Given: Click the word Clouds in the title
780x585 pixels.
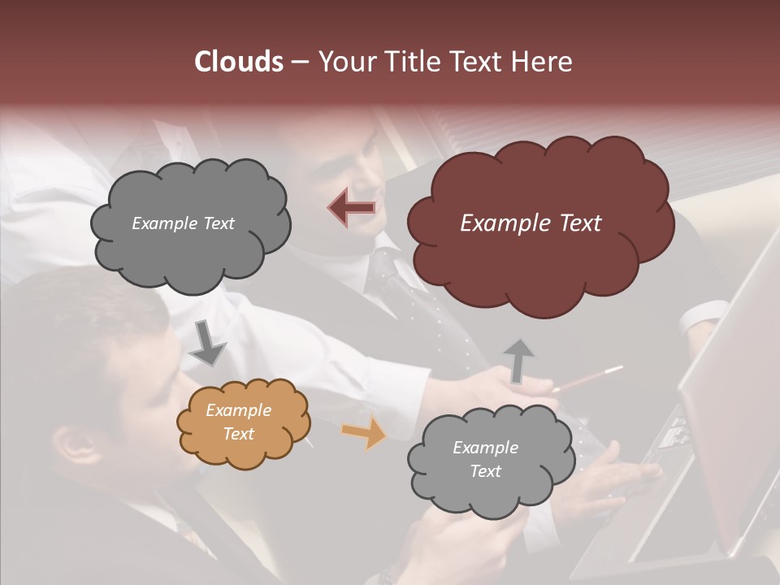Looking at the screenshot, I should [x=239, y=62].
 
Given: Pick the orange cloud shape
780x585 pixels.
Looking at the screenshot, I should [x=244, y=422].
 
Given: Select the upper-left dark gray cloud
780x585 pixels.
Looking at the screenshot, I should [x=190, y=223].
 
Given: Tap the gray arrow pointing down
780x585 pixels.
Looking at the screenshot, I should [x=207, y=343].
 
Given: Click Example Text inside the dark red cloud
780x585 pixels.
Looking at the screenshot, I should [x=531, y=223].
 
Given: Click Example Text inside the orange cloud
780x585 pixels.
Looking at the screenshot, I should [x=239, y=422].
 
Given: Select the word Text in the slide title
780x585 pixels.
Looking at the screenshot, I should [x=479, y=62].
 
